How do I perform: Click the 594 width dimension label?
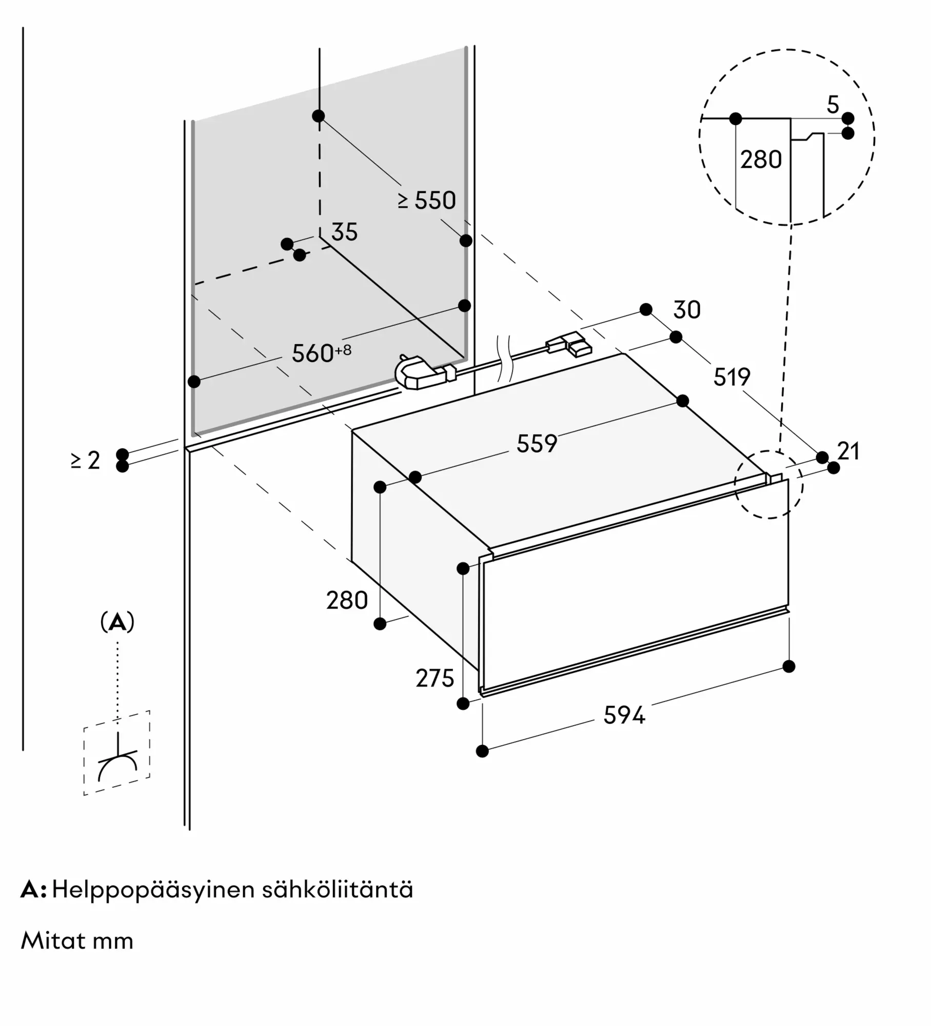point(624,715)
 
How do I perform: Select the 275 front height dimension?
point(435,679)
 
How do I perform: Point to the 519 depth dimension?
point(731,377)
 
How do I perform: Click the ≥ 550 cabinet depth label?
point(427,201)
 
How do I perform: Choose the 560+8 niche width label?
point(322,352)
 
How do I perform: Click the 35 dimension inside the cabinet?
point(344,232)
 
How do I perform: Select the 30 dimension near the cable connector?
point(687,310)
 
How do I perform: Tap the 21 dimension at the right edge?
point(848,451)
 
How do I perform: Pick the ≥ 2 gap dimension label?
point(85,461)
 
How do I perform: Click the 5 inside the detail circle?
point(833,105)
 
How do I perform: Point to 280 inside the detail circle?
point(761,160)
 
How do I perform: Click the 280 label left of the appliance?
point(347,601)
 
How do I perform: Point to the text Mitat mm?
point(77,941)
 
